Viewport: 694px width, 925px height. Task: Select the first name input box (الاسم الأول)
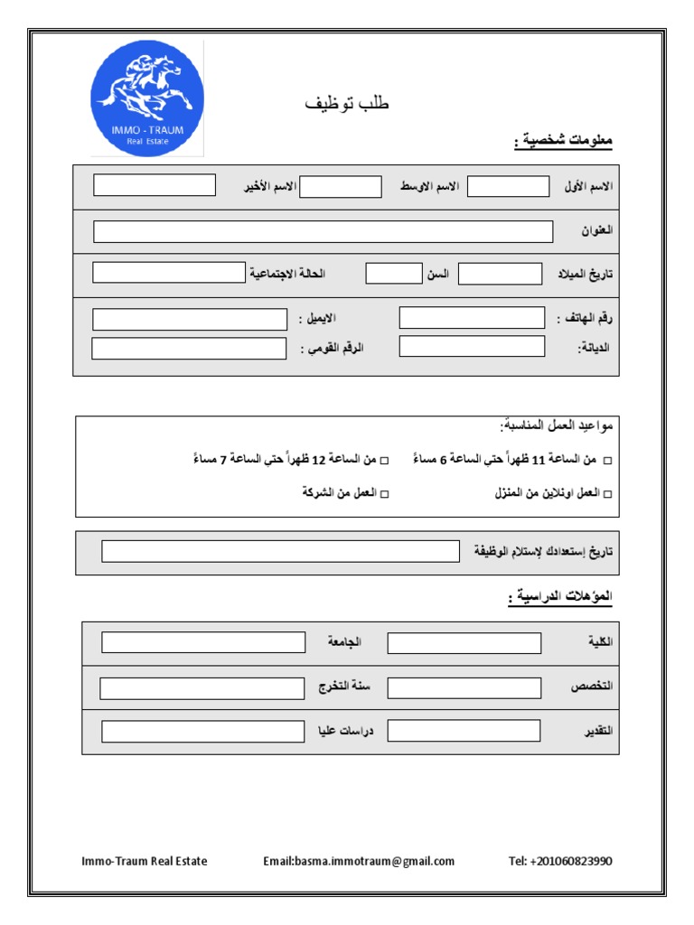pos(508,187)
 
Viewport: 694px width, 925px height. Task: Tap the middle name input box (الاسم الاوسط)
pos(341,187)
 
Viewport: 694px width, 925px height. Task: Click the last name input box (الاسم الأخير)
pos(155,185)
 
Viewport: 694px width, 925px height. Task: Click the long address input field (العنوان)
pos(323,232)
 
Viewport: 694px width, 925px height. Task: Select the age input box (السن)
pos(394,274)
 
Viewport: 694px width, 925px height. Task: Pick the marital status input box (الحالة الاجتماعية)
pos(169,273)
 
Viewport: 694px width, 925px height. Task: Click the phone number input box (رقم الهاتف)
pos(472,318)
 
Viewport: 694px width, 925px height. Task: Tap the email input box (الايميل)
pos(190,319)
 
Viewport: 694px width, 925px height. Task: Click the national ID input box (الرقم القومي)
pos(189,348)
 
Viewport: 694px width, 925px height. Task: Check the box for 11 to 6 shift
pos(607,462)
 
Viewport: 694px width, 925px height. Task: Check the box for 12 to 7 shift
pos(384,462)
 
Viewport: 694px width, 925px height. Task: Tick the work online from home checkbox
pos(607,494)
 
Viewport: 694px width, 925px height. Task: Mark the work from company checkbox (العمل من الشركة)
pos(384,494)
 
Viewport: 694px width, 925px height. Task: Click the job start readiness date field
pos(281,551)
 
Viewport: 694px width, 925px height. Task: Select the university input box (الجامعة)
pos(203,642)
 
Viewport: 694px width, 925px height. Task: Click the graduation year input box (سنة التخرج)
pos(202,688)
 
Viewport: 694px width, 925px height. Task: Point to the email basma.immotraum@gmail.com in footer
pos(359,861)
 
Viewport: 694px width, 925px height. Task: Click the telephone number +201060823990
pos(560,861)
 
